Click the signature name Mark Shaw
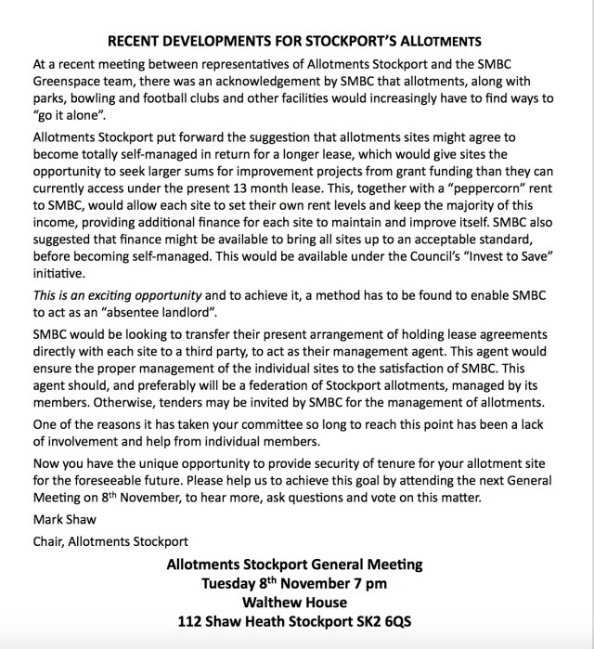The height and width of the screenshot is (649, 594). pyautogui.click(x=61, y=519)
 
